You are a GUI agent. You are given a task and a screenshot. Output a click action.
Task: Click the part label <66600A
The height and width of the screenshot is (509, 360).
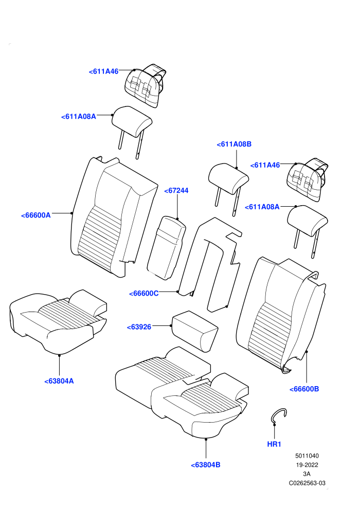click(35, 215)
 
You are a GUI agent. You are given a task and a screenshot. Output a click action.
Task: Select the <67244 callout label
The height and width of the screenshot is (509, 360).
click(176, 191)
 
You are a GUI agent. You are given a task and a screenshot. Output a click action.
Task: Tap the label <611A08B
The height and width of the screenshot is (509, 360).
click(234, 144)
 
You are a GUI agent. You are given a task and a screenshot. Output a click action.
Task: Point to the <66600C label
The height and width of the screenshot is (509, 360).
click(144, 294)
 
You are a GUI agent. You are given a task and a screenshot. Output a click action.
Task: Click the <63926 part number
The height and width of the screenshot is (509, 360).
click(139, 327)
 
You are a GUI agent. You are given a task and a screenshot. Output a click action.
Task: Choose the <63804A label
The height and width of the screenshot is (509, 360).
click(59, 381)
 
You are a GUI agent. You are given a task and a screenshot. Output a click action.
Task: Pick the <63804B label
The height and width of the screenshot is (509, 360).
click(206, 465)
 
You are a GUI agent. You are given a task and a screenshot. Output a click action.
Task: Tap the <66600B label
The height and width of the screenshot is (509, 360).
click(304, 389)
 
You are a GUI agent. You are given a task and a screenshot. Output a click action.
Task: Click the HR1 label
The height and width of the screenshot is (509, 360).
click(274, 444)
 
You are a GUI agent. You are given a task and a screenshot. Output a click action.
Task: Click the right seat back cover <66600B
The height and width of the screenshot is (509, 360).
click(281, 313)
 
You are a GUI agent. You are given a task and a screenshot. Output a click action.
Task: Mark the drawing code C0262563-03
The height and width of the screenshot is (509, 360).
click(307, 483)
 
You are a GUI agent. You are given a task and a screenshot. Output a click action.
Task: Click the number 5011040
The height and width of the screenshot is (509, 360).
click(307, 456)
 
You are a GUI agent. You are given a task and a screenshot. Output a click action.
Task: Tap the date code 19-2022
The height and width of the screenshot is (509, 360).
click(307, 465)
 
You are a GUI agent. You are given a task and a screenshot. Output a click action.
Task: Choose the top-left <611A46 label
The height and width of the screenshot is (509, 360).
click(103, 71)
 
